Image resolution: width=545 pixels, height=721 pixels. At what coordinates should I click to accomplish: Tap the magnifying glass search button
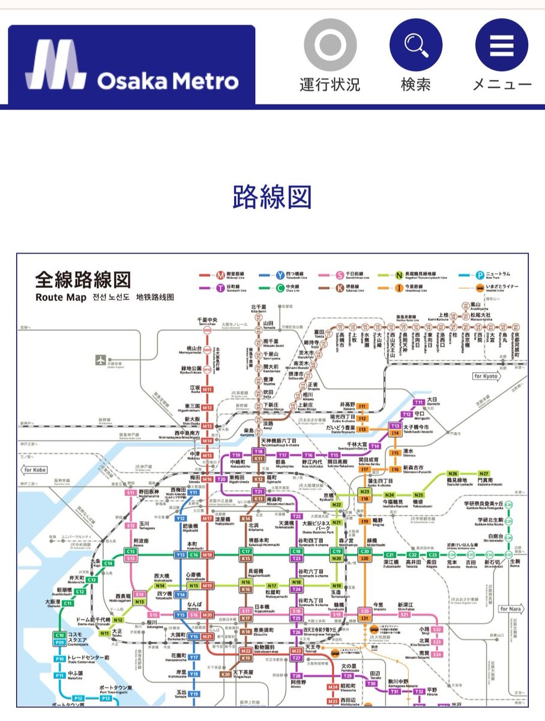tap(415, 45)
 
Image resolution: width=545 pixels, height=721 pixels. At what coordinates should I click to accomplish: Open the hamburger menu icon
tap(501, 45)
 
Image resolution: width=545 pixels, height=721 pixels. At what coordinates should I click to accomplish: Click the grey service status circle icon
tap(330, 45)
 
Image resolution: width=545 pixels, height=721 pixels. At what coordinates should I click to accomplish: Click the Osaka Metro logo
tap(131, 65)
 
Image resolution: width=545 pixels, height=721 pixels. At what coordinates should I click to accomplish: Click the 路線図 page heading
tap(272, 196)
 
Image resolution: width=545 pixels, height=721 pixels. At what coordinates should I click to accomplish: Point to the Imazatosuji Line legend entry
tap(402, 288)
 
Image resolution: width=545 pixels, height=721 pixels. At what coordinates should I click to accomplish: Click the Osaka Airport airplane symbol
tap(100, 361)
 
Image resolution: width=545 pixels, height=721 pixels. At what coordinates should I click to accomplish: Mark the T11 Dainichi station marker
tap(419, 403)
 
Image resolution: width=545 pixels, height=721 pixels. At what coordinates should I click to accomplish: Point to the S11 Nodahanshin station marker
tap(131, 493)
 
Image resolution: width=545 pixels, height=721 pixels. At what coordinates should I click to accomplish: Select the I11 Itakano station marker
tap(362, 407)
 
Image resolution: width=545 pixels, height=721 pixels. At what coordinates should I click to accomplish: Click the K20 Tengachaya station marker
tap(226, 674)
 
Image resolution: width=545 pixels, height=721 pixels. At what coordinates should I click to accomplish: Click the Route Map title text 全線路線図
tap(83, 279)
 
